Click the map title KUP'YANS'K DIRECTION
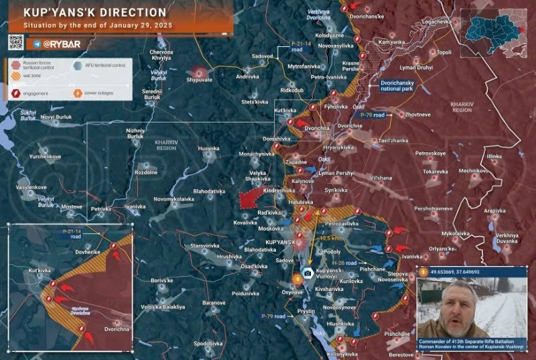tap(94, 13)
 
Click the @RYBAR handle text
tap(62, 44)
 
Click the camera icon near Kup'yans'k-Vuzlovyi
tap(307, 273)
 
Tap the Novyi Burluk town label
tap(56, 117)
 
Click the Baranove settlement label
tap(214, 303)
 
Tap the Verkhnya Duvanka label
tap(507, 239)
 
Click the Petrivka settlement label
tap(100, 209)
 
